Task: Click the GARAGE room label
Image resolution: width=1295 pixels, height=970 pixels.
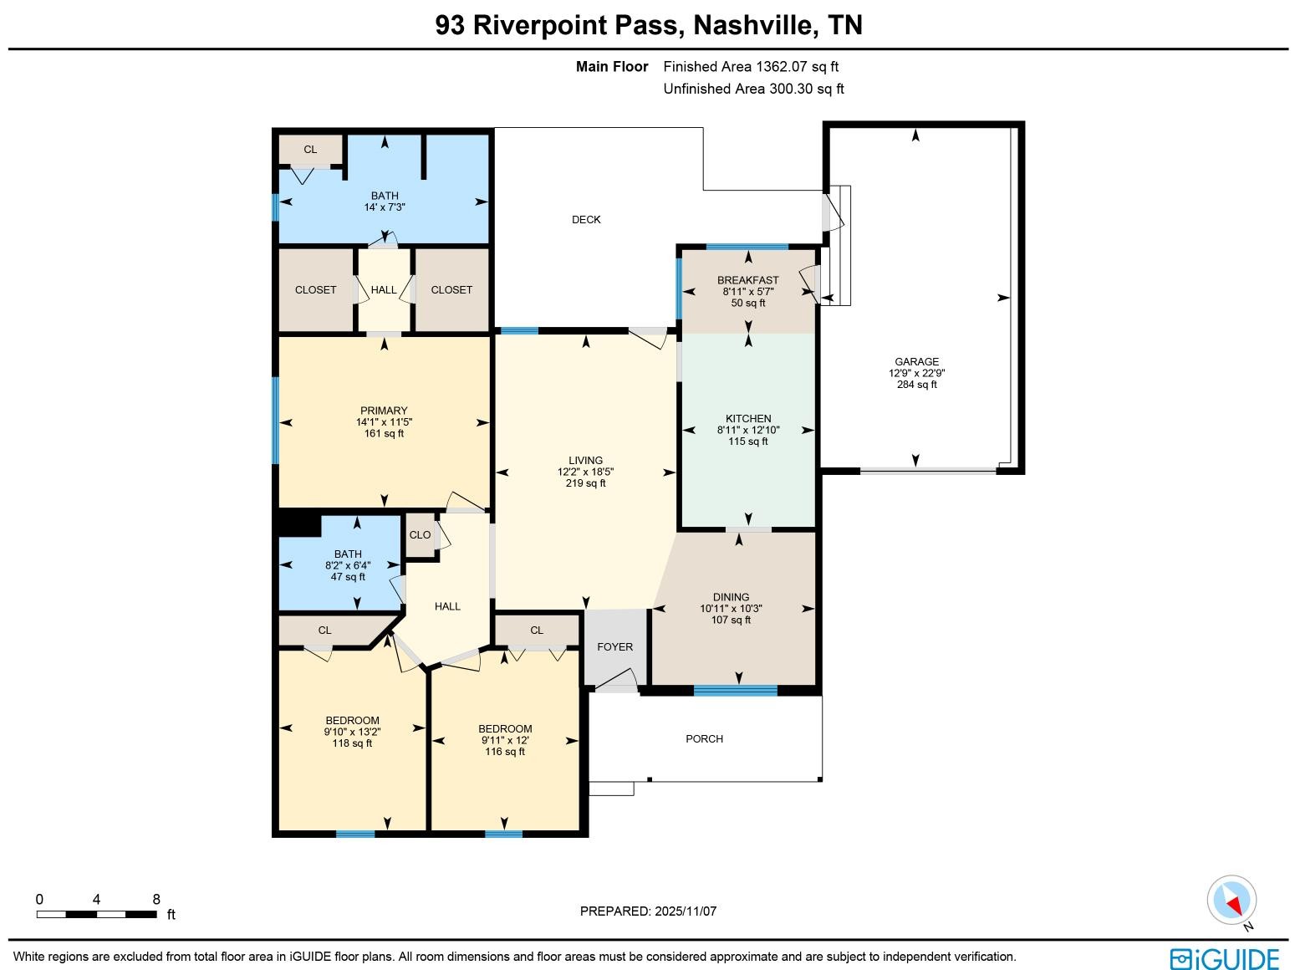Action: pos(916,362)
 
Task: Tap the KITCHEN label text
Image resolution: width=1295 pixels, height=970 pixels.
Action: pos(747,418)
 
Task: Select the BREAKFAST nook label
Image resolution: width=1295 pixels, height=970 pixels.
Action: pos(747,280)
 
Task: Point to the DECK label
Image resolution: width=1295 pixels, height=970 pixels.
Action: pos(586,220)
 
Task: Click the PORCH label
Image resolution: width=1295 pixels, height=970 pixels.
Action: pos(704,738)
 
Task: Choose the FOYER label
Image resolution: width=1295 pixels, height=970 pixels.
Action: pos(614,646)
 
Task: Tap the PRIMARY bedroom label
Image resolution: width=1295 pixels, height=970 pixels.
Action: pos(384,411)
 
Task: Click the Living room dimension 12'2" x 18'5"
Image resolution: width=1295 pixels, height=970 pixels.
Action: pos(585,472)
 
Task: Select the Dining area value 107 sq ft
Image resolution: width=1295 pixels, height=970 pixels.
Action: pos(731,620)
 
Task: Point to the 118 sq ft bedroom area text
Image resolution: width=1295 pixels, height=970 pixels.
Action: pos(352,743)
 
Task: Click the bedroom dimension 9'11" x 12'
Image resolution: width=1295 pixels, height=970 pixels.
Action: pos(505,740)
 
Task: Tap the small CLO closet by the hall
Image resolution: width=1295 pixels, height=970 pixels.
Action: pos(420,535)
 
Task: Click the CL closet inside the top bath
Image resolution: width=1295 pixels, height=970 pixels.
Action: pos(310,150)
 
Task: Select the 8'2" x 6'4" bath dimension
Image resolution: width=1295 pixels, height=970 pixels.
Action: pos(348,565)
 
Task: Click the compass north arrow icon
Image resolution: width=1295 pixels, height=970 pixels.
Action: pos(1231,901)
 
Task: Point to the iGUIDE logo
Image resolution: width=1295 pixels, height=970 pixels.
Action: pos(1224,958)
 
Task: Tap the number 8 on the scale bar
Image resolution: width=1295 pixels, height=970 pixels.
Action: pos(156,900)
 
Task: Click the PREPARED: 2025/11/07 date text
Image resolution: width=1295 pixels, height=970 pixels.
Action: pos(648,911)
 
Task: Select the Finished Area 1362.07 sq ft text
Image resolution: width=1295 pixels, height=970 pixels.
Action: pos(750,67)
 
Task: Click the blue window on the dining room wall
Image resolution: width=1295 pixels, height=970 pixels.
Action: pos(735,690)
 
